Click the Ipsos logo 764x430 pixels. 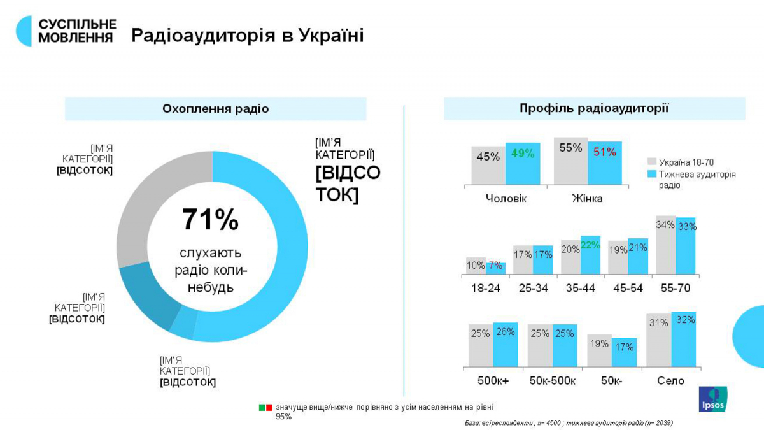(713, 399)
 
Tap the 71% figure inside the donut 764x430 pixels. (210, 220)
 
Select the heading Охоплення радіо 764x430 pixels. (215, 109)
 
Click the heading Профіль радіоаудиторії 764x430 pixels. (594, 108)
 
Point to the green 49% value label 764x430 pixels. (522, 153)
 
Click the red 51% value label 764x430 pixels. (604, 152)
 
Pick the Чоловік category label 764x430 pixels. (506, 198)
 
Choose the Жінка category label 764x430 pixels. (587, 198)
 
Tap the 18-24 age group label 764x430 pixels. (485, 288)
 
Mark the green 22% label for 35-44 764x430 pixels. (590, 245)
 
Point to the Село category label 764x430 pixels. (670, 381)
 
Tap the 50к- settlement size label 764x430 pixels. (611, 381)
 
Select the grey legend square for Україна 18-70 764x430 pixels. (651, 162)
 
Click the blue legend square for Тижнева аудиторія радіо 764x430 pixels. (651, 174)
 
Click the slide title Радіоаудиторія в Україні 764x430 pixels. (248, 36)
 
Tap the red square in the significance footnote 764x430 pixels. (269, 407)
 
